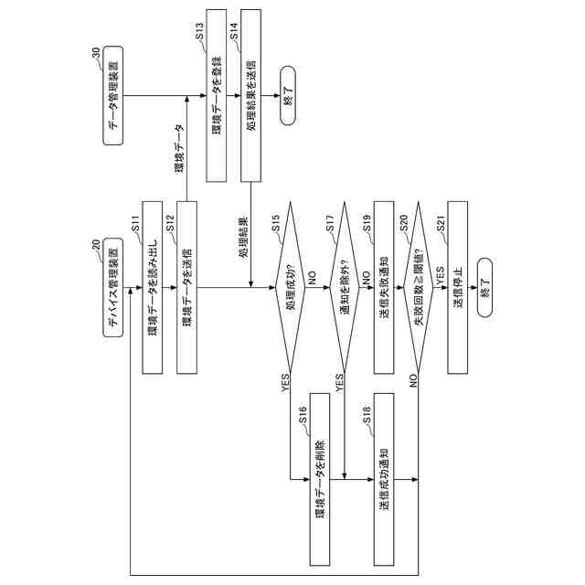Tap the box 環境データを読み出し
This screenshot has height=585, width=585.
click(153, 287)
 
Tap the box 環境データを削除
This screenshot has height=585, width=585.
click(318, 479)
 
